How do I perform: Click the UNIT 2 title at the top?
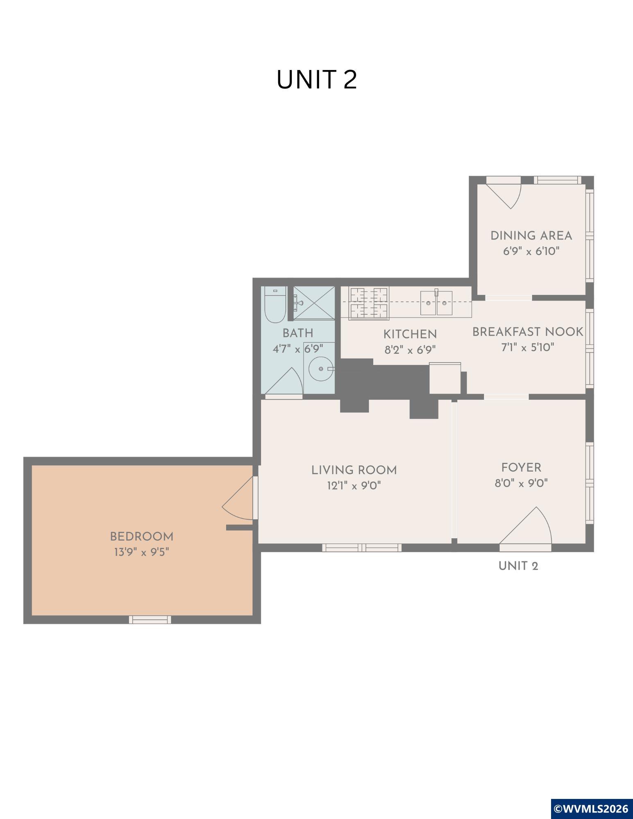coord(317,79)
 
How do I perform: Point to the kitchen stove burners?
coord(369,303)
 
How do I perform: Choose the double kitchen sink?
coord(436,303)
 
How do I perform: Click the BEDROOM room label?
coord(142,536)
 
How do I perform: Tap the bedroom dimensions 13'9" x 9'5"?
coord(142,552)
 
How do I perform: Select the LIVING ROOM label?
coord(354,470)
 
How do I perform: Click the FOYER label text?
coord(521,468)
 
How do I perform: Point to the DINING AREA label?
coord(531,236)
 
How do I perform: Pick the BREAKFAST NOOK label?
coord(528,332)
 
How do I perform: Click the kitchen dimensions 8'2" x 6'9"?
coord(410,350)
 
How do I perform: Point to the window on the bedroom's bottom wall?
coord(150,620)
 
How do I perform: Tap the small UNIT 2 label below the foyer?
coord(518,566)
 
